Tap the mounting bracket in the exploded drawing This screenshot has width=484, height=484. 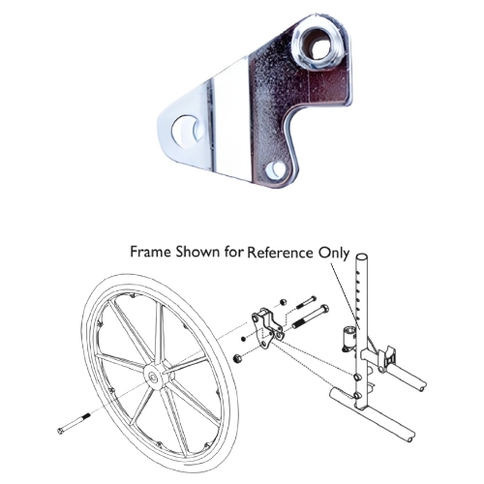[x=266, y=327]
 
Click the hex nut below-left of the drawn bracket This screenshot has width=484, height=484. [x=237, y=359]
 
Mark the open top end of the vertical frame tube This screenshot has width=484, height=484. [x=362, y=260]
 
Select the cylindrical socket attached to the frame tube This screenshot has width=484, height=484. [x=348, y=340]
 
